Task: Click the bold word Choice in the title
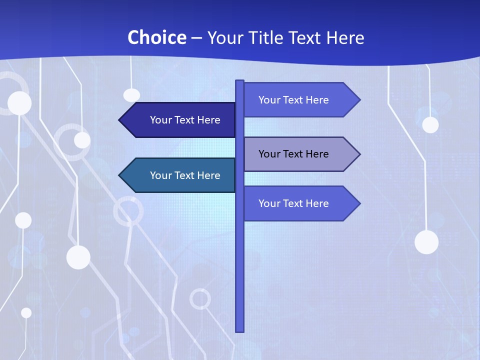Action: tap(157, 38)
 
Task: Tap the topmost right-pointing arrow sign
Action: tap(300, 100)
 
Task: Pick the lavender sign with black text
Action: tap(300, 154)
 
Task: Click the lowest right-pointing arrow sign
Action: tap(300, 203)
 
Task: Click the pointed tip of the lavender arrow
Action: tap(359, 154)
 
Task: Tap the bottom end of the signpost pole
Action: tap(240, 330)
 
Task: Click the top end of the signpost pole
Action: tap(240, 82)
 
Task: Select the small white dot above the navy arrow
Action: tap(131, 95)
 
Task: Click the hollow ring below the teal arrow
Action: tap(128, 210)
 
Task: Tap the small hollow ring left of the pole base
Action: tap(200, 299)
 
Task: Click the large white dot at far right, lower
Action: tap(426, 242)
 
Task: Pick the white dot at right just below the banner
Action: tap(430, 124)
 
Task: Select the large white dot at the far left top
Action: tap(19, 103)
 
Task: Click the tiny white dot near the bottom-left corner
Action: tap(26, 312)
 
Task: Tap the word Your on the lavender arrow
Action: tap(269, 154)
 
